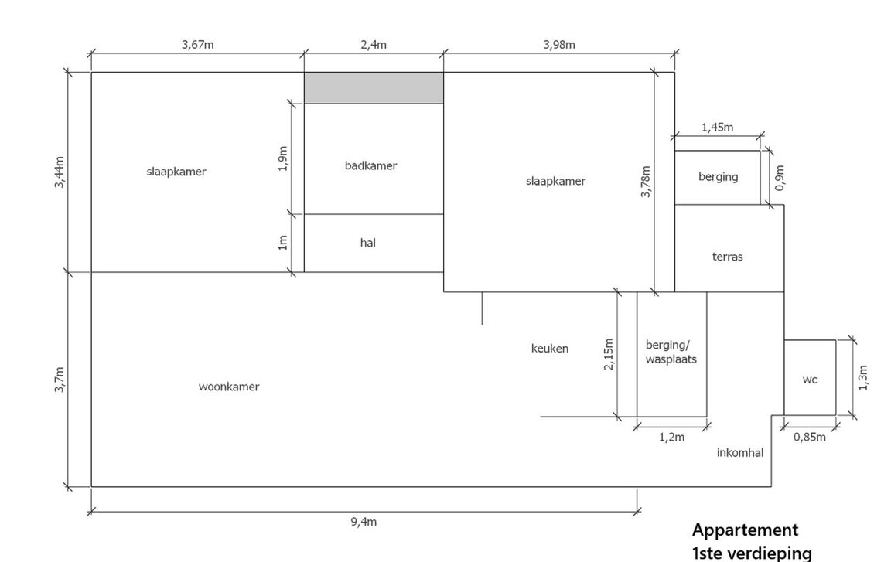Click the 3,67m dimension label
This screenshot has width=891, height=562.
[x=198, y=44]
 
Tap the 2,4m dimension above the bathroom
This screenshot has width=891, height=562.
[x=374, y=44]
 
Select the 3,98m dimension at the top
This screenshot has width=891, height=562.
[x=559, y=44]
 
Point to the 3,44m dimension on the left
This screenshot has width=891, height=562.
[x=59, y=172]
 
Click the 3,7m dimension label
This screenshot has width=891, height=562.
[x=59, y=380]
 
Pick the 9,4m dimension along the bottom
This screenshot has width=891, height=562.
[x=364, y=522]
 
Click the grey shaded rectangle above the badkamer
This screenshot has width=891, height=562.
[x=374, y=88]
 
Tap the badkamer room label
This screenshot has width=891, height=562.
[x=370, y=165]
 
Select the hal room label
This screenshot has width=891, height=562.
[x=368, y=243]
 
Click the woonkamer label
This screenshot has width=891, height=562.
[x=229, y=387]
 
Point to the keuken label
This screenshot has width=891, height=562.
[x=550, y=349]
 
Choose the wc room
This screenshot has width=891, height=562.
[x=810, y=379]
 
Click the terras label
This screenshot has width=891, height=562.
[x=727, y=257]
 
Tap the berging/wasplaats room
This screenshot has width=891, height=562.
[x=671, y=353]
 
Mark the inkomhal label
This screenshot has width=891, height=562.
[x=740, y=453]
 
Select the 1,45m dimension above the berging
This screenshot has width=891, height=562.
[x=717, y=128]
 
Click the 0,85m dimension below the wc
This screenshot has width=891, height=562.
[x=810, y=437]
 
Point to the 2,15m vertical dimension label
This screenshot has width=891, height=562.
[x=609, y=354]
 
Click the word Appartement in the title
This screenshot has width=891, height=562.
[x=745, y=530]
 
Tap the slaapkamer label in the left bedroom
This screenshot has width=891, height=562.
[x=176, y=172]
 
